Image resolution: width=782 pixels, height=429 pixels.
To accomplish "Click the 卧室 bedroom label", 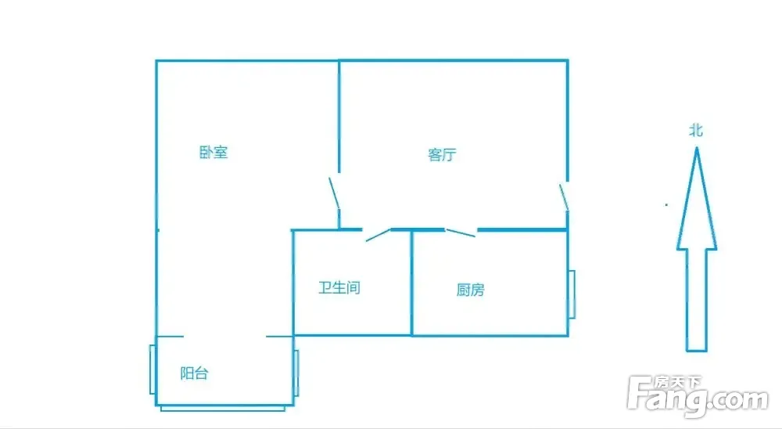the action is [213, 153].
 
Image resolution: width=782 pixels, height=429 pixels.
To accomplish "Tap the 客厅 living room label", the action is [442, 155].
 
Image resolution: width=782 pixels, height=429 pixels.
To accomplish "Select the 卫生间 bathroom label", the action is [339, 287].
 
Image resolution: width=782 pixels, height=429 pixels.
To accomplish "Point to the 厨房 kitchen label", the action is [470, 290].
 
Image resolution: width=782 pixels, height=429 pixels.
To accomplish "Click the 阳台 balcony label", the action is [194, 373].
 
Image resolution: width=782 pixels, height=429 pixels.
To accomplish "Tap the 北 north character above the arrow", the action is [696, 131].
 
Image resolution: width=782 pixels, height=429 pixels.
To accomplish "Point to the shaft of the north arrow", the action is [697, 300].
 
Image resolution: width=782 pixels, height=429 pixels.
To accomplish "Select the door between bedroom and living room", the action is [334, 193].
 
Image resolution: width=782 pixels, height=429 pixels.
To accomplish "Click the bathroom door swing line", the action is [378, 235].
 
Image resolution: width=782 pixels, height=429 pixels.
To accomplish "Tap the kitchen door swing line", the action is [461, 233].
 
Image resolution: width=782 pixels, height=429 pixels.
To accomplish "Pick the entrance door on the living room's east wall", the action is [564, 197].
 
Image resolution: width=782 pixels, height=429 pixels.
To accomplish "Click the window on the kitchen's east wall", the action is [572, 294].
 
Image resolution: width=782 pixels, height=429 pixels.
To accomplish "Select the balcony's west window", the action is [152, 370].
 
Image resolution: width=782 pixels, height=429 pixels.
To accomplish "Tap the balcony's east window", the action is [296, 373].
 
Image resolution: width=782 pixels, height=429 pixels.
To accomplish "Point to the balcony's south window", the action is [222, 409].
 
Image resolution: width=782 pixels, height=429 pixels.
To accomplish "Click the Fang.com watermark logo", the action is [698, 397].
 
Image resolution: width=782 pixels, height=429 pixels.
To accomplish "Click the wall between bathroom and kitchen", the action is [411, 283].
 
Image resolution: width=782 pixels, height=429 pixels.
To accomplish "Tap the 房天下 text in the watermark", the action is [677, 383].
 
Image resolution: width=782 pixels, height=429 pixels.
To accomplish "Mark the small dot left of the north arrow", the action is [666, 204].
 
